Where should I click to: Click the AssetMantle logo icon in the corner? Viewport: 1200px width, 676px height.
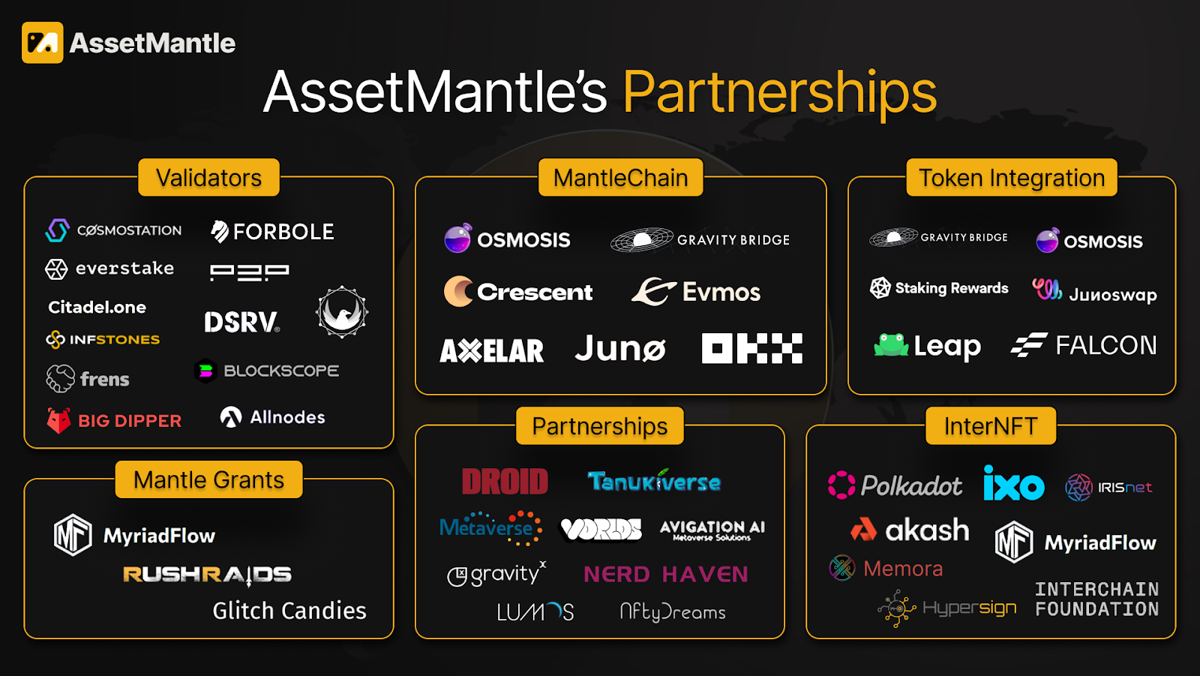(x=42, y=43)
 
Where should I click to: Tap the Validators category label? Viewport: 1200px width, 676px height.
(x=208, y=178)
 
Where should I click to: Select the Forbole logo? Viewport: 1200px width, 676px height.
(x=273, y=232)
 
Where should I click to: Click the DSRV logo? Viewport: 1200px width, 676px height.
(x=241, y=322)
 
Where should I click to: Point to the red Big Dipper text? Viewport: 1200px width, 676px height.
(x=130, y=421)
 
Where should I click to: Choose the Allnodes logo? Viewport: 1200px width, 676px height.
(x=273, y=417)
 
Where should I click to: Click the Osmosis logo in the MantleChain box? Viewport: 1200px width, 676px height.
(x=508, y=239)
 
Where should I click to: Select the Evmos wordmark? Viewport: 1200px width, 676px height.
(x=721, y=292)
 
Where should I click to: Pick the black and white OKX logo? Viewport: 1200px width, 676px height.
(x=751, y=349)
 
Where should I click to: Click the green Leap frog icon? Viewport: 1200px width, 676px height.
(x=891, y=345)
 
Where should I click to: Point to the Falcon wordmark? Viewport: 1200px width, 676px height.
(x=1105, y=345)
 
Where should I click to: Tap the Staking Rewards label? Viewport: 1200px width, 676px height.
(x=951, y=288)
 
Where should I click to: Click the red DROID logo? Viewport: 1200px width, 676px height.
(x=505, y=482)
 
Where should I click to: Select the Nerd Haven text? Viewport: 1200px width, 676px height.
(x=666, y=575)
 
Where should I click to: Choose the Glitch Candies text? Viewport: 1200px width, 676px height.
(x=289, y=611)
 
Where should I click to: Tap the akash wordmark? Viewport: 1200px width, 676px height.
(x=927, y=530)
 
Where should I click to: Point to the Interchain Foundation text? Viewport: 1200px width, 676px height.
(x=1096, y=599)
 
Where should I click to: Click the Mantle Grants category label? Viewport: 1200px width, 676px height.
(x=208, y=479)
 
